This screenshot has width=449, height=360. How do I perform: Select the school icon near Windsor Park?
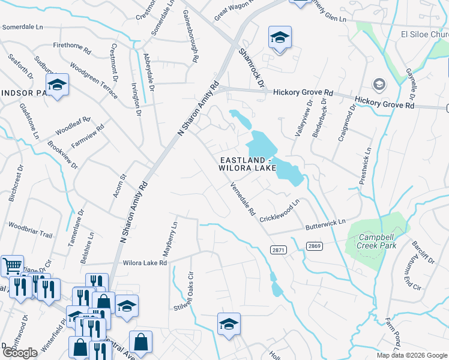tap(58, 85)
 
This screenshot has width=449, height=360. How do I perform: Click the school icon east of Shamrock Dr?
tap(280, 37)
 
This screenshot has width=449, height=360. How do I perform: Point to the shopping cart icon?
tap(12, 265)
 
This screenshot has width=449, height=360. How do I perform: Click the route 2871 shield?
tap(279, 250)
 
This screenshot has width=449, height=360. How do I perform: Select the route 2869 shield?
tap(314, 246)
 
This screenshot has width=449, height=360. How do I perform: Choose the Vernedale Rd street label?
tap(243, 200)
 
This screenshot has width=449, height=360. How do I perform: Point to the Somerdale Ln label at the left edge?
tap(23, 27)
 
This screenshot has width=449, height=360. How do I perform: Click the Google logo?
tap(19, 353)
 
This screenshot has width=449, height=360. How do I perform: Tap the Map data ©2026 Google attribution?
tap(411, 355)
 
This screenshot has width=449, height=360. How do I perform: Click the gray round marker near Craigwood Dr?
tap(379, 83)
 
